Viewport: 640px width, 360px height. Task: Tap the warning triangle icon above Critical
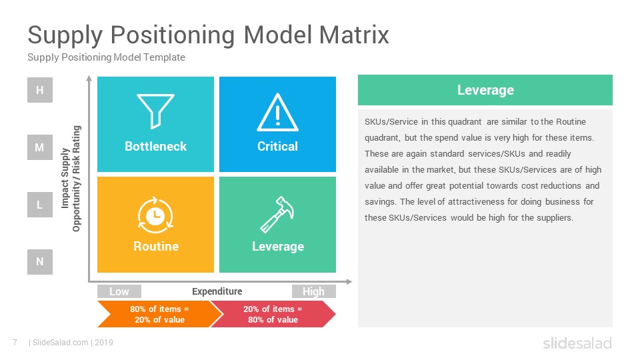(277, 113)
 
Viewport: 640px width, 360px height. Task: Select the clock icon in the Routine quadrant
(155, 215)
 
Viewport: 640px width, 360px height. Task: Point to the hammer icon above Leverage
(277, 214)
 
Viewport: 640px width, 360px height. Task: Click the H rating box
(40, 90)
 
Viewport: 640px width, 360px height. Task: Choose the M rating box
(40, 147)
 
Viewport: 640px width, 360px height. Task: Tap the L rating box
(40, 205)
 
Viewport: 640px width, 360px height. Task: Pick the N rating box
(40, 261)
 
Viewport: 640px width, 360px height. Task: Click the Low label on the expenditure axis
(119, 291)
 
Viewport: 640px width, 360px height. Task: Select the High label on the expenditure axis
(314, 291)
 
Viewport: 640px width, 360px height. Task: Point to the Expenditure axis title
(217, 291)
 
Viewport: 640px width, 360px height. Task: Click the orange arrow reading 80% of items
(159, 314)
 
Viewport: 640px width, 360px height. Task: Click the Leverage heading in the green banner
(485, 90)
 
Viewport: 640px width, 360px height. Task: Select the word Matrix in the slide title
(354, 35)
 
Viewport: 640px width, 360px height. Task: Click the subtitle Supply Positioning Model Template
(106, 57)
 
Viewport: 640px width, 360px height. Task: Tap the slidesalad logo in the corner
(577, 343)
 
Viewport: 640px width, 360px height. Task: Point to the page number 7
(15, 343)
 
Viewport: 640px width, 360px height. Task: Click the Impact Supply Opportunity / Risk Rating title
(71, 179)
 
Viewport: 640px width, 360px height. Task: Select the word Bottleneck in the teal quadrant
(155, 146)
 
